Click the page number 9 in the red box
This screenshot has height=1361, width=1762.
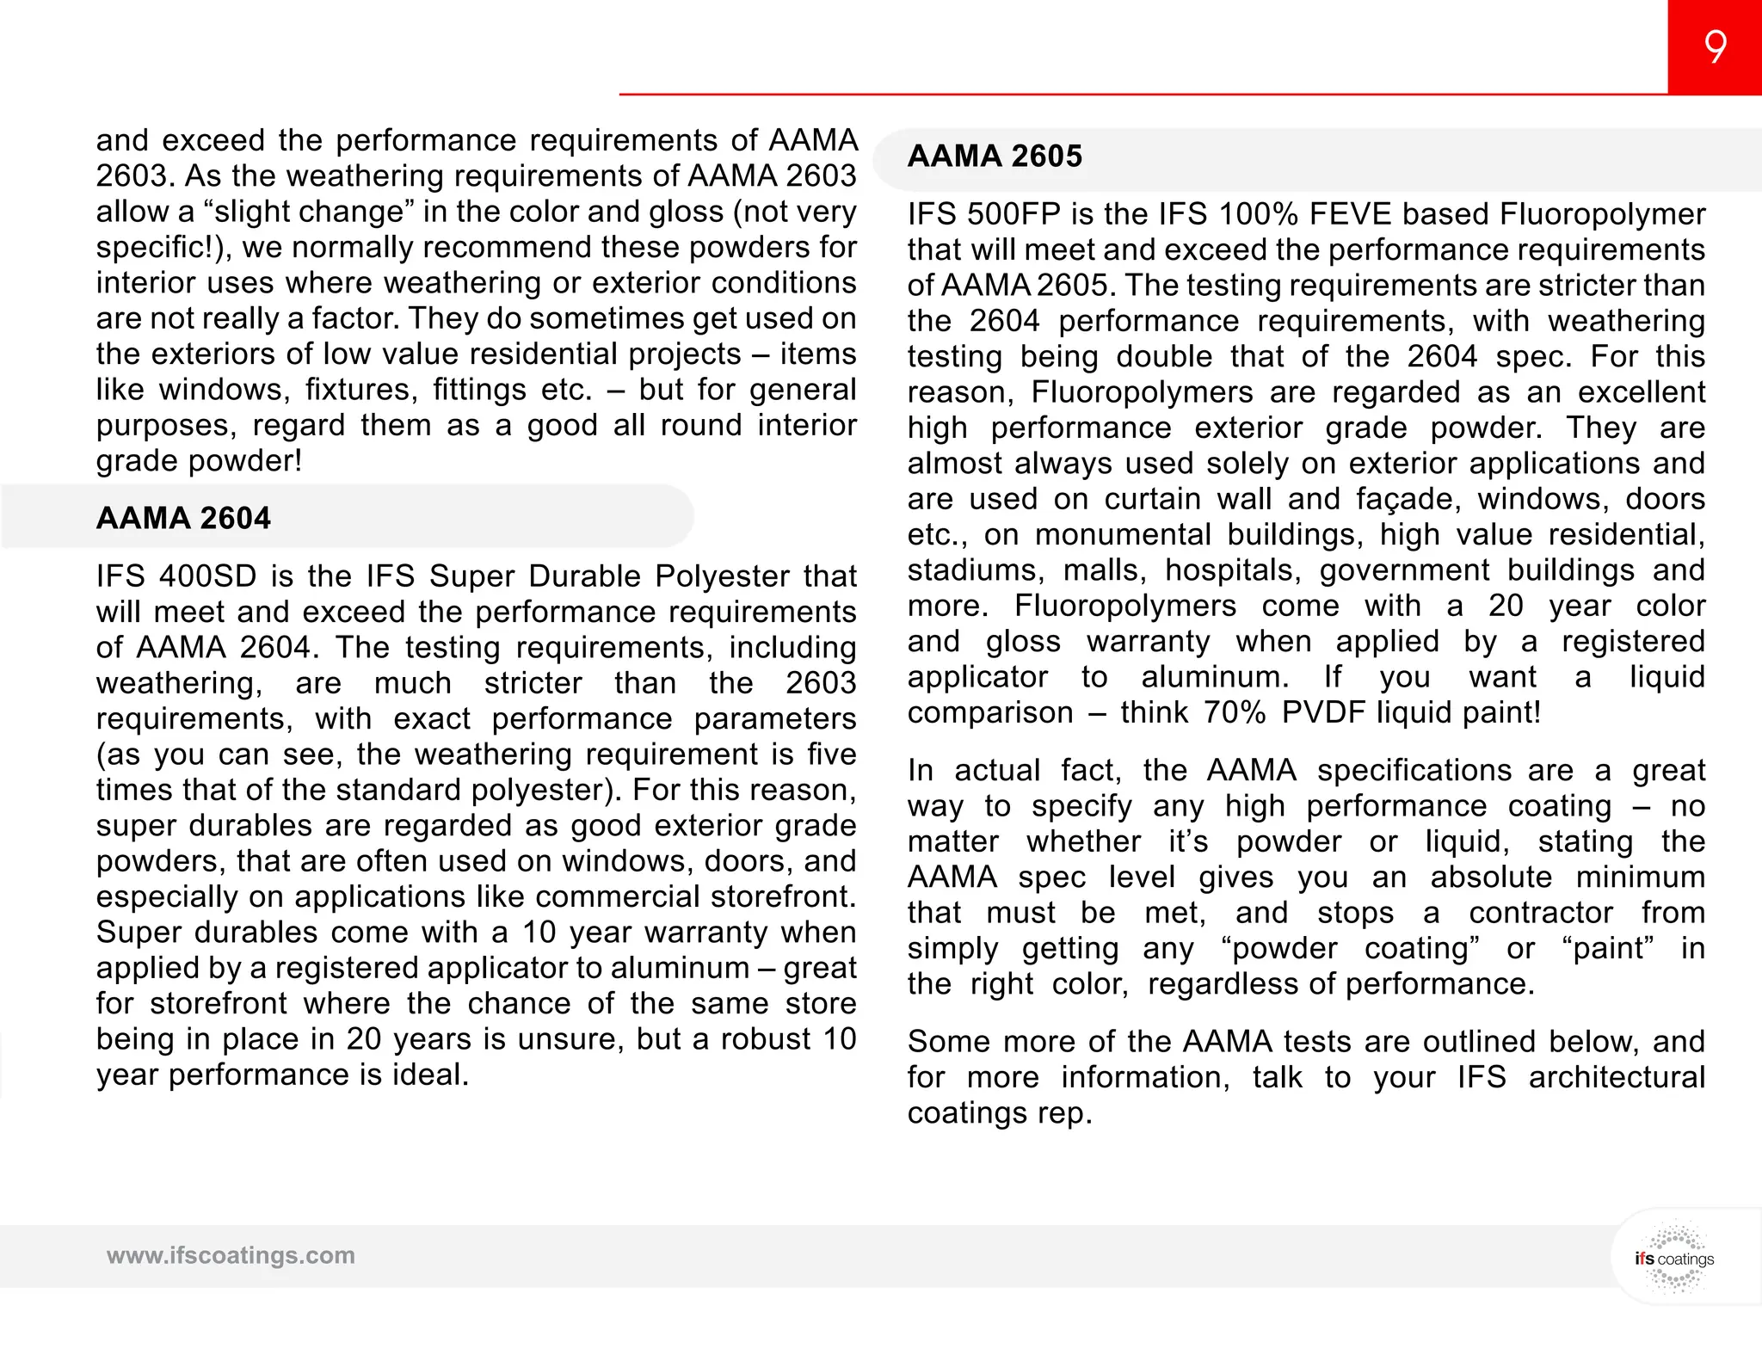[1715, 47]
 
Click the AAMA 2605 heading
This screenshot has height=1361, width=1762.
[995, 157]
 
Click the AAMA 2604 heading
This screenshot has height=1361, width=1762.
[183, 519]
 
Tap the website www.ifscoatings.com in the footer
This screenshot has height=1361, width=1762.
[231, 1255]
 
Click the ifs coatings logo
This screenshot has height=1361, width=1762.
[1673, 1258]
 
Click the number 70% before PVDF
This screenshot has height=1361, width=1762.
[1235, 713]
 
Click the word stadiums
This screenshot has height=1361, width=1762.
[976, 570]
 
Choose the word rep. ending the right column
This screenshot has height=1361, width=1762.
[1064, 1113]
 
